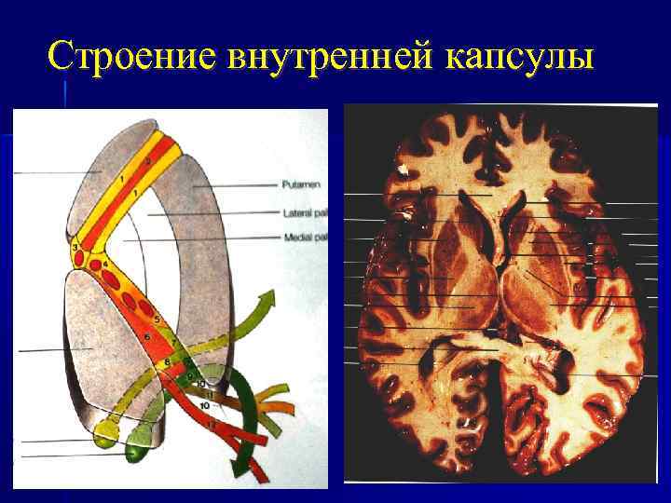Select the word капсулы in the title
click(518, 56)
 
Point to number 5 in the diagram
click(157, 320)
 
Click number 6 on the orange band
click(147, 336)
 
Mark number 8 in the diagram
click(167, 361)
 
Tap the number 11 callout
click(210, 396)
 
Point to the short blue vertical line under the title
click(65, 93)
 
